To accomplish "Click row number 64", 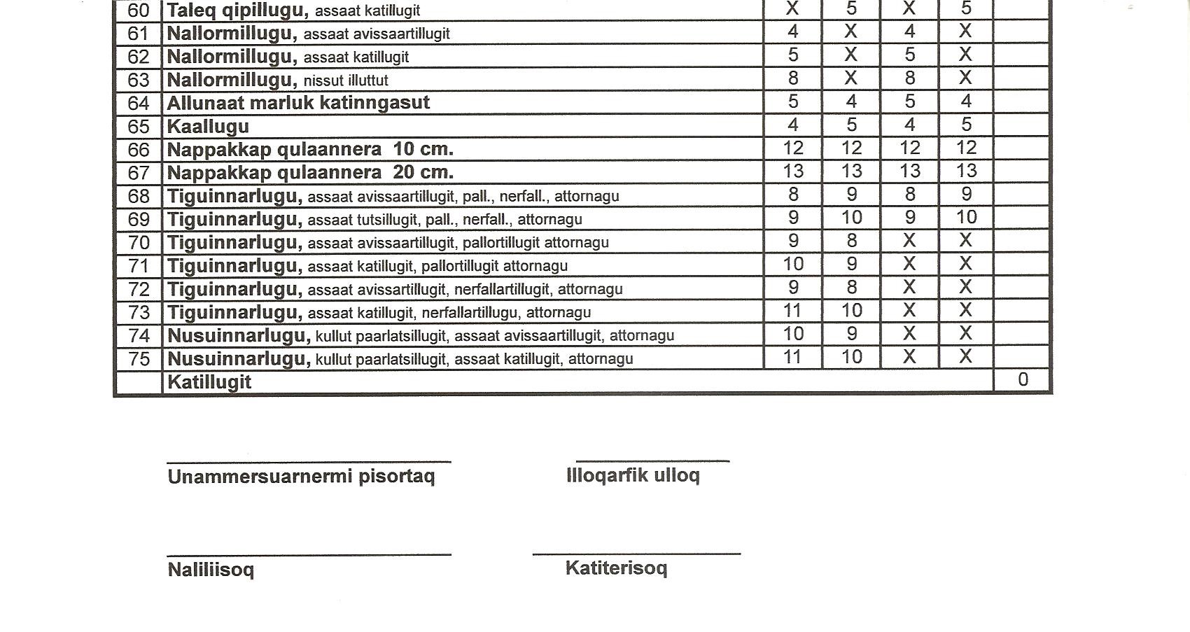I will coord(139,104).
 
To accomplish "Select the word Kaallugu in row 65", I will coord(208,127).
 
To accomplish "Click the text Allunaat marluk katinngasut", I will coord(298,104).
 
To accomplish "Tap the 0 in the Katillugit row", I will coord(1023,379).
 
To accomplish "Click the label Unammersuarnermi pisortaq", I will coord(301,477).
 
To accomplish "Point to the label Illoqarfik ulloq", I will coord(633,476).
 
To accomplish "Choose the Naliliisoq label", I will coord(211,570).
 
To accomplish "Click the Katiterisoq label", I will coord(616,568).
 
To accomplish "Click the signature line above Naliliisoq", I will coord(309,555).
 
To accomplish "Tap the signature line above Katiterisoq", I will coord(636,554).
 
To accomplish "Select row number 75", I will coord(139,359).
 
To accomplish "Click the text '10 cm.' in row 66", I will coord(423,149).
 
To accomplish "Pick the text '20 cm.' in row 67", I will coord(423,172).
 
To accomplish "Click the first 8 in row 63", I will coord(792,78).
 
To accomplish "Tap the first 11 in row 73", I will coord(792,311).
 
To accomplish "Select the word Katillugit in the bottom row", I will coord(209,382).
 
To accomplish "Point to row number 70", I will coord(139,243).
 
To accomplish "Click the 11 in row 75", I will coord(792,357).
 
